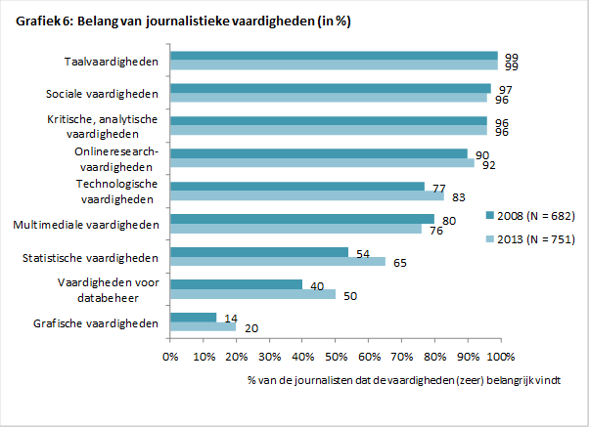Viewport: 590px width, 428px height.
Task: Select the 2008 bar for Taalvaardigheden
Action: click(x=334, y=57)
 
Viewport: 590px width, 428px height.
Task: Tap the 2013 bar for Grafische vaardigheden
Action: click(x=203, y=327)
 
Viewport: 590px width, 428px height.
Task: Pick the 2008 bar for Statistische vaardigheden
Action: click(x=259, y=252)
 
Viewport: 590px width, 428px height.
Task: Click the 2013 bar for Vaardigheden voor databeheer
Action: click(x=252, y=294)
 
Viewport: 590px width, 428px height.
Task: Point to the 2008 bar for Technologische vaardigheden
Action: click(x=297, y=186)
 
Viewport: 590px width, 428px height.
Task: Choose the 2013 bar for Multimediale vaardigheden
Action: click(x=295, y=229)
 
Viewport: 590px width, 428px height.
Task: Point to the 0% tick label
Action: click(x=170, y=354)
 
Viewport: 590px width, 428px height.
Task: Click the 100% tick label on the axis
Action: click(x=500, y=354)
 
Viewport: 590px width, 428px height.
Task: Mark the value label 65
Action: click(x=401, y=262)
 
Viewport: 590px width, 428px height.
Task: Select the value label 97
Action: click(x=505, y=89)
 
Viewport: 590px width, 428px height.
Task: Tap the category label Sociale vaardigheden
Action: click(x=102, y=95)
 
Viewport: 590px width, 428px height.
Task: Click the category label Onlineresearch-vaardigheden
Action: click(x=114, y=159)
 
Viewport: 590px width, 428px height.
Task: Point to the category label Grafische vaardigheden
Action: click(x=95, y=322)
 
